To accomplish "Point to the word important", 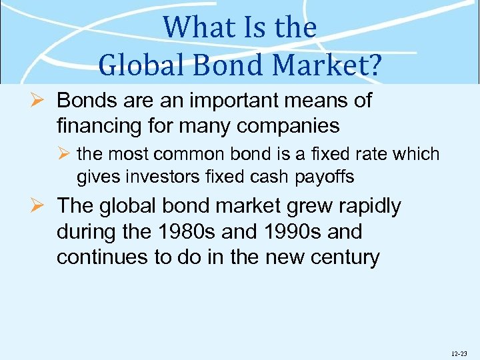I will [221, 101].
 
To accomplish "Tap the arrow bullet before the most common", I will [65, 155].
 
